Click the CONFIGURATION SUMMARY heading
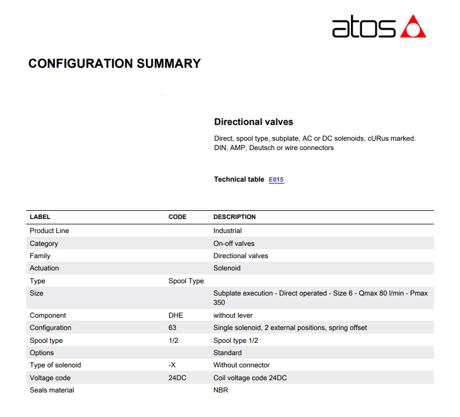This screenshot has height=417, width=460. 114,64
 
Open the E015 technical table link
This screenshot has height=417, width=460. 276,179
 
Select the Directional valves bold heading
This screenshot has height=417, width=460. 254,122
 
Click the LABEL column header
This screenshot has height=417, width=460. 40,217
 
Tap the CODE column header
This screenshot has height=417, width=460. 177,217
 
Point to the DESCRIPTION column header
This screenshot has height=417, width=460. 234,217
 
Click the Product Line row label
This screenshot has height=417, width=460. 49,231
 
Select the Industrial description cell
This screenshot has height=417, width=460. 227,231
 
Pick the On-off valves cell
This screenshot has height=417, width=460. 234,244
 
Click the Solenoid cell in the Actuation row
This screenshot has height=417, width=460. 227,268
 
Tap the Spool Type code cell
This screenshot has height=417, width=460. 186,281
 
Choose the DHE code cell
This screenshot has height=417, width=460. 175,315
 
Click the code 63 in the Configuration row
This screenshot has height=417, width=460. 172,328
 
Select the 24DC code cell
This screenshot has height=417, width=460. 177,378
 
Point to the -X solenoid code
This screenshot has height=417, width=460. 173,365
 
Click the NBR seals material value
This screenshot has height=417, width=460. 220,390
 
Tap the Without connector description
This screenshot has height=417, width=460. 241,365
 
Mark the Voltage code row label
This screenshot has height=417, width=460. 50,378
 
